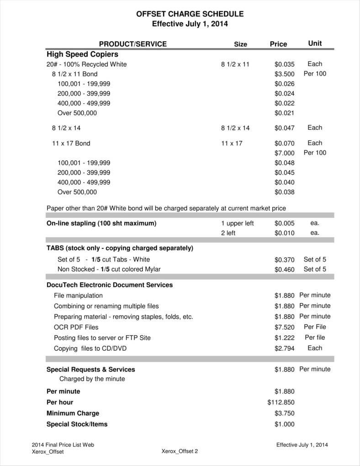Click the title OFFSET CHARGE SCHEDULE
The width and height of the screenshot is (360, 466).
pos(190,14)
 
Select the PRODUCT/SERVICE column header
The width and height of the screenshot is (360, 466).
pos(132,44)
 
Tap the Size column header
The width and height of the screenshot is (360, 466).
pos(240,44)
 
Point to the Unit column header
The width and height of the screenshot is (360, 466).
pos(315,43)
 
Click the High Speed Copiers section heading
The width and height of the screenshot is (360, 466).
pos(82,54)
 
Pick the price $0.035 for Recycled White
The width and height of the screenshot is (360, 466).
pos(284,64)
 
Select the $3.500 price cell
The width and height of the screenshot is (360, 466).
pos(284,74)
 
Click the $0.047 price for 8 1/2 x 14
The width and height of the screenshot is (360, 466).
pos(284,128)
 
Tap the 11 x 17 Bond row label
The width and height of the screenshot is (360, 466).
pos(71,143)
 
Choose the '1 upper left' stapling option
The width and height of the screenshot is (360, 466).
pos(237,224)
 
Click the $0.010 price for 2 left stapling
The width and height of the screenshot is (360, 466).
pos(284,233)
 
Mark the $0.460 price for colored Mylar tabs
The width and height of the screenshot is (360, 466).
pos(284,269)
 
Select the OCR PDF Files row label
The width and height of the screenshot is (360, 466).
pos(76,327)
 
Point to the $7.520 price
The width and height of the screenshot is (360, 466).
pos(284,327)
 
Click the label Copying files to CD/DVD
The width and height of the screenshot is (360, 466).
pos(90,348)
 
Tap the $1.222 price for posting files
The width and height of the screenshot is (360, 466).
pos(284,338)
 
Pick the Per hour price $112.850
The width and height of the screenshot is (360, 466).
pos(281,402)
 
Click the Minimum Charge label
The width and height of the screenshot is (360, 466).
pos(73,413)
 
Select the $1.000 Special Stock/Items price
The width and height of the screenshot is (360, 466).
pos(284,424)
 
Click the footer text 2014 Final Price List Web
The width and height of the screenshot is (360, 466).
pos(63,445)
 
